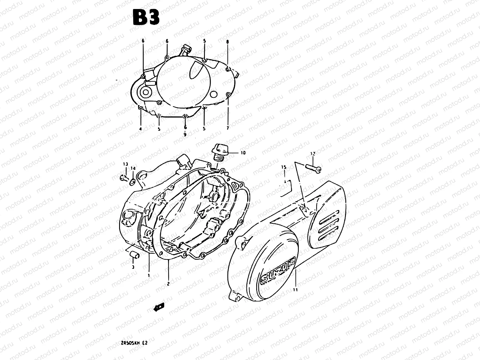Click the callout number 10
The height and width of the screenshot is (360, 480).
[x=243, y=153]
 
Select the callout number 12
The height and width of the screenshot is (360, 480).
[x=313, y=154]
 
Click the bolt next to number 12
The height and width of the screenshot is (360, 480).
[x=313, y=169]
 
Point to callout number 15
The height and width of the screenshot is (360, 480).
[x=284, y=167]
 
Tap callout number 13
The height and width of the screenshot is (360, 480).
[x=125, y=164]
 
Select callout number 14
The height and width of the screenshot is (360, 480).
[x=133, y=168]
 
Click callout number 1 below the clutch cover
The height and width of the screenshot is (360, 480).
[x=149, y=274]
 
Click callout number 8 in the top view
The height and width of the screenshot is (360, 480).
[x=227, y=42]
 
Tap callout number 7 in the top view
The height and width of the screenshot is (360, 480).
[x=228, y=128]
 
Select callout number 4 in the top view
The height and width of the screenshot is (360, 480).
[x=140, y=129]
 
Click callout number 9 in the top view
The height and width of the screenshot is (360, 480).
[x=185, y=135]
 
